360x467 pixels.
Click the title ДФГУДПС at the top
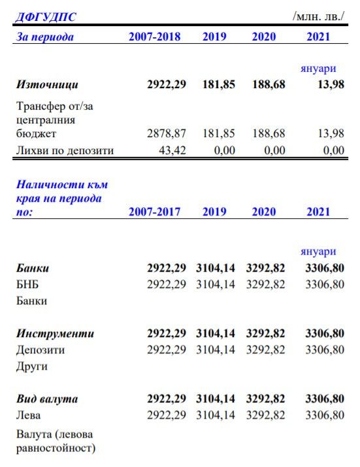44,16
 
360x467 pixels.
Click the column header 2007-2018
154,36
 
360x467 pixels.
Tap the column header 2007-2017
154,211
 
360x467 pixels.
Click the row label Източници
47,84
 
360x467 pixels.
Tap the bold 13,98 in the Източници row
331,84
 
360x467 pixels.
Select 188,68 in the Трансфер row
269,133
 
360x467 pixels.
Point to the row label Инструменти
55,333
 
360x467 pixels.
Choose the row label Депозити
40,349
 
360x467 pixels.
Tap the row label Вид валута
47,398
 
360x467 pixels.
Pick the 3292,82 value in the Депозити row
265,349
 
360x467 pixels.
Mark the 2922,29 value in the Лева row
167,415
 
